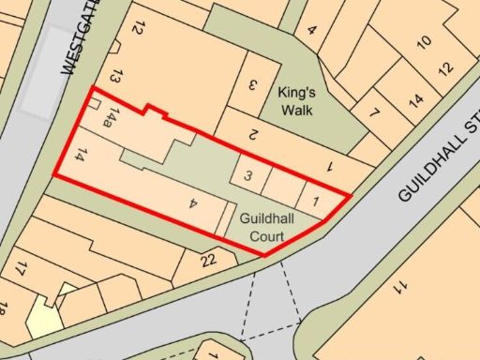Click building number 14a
[112, 117]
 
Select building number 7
[375, 114]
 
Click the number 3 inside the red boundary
[247, 175]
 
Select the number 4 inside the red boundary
[192, 202]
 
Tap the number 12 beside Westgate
[137, 29]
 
